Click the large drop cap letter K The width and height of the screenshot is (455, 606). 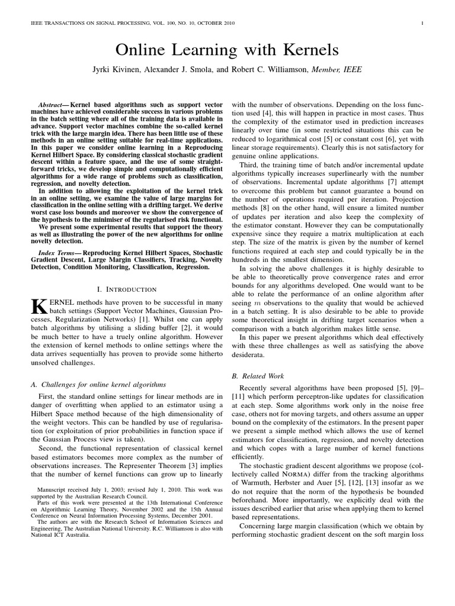pos(37,306)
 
